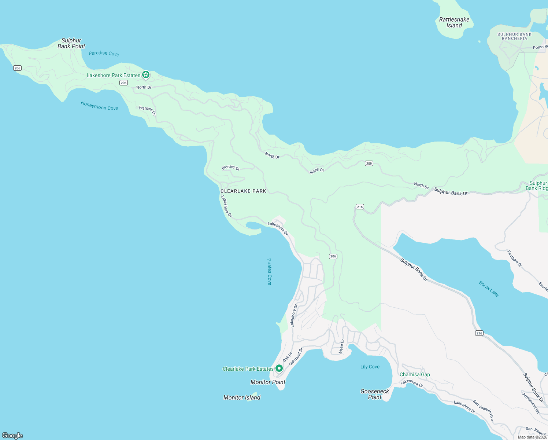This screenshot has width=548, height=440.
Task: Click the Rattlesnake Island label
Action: coord(454,22)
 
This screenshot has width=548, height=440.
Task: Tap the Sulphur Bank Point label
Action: coord(71,43)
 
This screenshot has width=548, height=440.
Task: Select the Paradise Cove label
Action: coord(104,54)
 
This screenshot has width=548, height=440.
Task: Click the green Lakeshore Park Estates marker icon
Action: coord(146,75)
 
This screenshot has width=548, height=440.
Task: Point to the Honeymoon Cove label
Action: coord(99,106)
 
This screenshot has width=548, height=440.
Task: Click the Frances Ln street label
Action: coord(147,110)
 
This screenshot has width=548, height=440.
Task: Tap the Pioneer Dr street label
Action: coord(230,168)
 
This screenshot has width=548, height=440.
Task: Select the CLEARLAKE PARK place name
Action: coord(243,191)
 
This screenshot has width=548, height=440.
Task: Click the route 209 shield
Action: coord(369,164)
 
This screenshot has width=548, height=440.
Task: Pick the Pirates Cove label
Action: coord(269,272)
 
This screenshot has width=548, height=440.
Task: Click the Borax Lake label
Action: coord(489,289)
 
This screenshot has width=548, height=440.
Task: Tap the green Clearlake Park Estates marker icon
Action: coord(279,368)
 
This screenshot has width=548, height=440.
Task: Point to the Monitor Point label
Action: coord(268,382)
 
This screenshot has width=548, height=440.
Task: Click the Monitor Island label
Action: coord(242,397)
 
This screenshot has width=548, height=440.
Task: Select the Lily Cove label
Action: coord(370,367)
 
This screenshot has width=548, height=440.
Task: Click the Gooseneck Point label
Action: coord(375,394)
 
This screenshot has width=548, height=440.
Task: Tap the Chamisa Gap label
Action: coord(415,374)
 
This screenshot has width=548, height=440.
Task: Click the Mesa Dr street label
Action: coord(341,346)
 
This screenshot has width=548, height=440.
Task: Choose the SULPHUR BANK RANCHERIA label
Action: coord(514,36)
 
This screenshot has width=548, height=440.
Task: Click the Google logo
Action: coord(12,436)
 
